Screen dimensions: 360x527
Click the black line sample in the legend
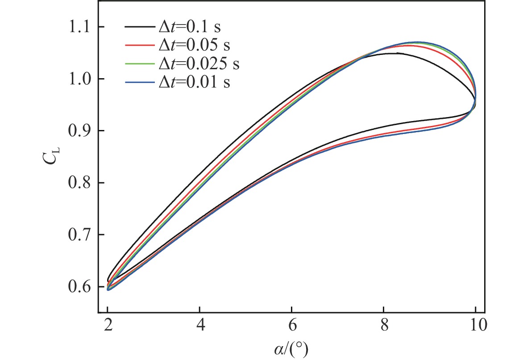(140, 28)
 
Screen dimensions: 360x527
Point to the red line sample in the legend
(140, 46)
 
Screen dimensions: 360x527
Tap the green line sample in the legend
(140, 64)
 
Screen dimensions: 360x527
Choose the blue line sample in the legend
(140, 82)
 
